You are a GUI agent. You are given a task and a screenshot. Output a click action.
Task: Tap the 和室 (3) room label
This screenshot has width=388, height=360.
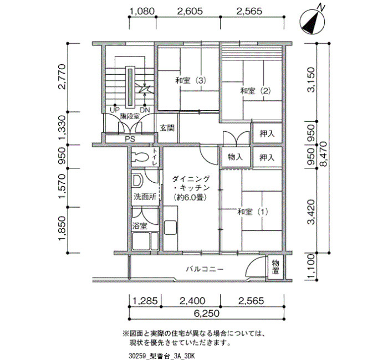pyautogui.click(x=191, y=81)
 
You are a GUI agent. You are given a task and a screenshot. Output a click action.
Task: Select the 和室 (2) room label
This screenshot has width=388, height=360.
pyautogui.click(x=256, y=91)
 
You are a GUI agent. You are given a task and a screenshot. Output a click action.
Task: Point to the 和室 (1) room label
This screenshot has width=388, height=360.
pyautogui.click(x=253, y=212)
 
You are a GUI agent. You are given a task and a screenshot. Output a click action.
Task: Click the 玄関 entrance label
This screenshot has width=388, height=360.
pyautogui.click(x=167, y=128)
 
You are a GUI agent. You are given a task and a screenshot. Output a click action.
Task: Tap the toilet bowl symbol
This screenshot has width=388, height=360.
pyautogui.click(x=140, y=157)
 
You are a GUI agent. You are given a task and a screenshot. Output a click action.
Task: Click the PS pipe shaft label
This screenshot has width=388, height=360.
pyautogui.click(x=130, y=139)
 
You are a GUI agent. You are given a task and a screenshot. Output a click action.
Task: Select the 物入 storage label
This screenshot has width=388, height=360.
pyautogui.click(x=235, y=157)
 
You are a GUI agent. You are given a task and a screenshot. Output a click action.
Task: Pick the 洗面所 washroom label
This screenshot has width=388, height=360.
pyautogui.click(x=145, y=197)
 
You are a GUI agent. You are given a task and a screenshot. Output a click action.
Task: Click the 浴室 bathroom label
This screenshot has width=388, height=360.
pyautogui.click(x=140, y=226)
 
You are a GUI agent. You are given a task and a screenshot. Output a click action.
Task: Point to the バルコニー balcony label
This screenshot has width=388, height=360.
pyautogui.click(x=205, y=269)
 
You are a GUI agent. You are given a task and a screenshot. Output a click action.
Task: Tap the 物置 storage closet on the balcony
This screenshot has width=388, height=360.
pyautogui.click(x=275, y=266)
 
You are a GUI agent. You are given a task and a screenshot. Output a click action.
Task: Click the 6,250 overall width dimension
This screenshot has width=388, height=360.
pyautogui.click(x=207, y=313)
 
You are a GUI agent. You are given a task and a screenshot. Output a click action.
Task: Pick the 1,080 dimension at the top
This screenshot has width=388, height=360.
pyautogui.click(x=142, y=11)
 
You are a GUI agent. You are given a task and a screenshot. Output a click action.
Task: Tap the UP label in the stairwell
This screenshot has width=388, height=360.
pyautogui.click(x=115, y=110)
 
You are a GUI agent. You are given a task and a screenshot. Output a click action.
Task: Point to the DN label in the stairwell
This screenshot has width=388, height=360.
pyautogui.click(x=145, y=110)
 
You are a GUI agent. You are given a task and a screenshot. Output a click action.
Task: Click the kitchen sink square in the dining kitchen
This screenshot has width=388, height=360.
pyautogui.click(x=170, y=228)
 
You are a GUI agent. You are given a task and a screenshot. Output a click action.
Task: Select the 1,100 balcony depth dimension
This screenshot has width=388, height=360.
pyautogui.click(x=311, y=266)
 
